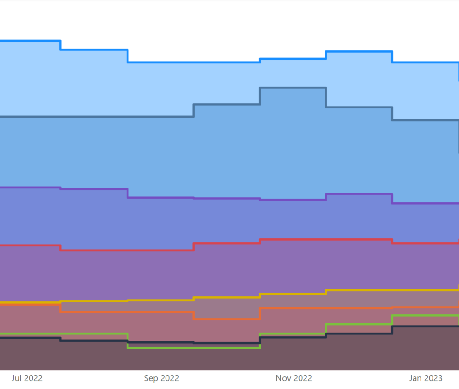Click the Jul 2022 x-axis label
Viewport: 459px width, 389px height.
tap(27, 378)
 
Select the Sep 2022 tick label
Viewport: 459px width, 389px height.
tap(161, 378)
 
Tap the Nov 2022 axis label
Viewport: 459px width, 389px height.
tap(293, 378)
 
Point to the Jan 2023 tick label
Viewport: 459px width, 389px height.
tap(426, 378)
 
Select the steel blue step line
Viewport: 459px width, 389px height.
tap(93, 117)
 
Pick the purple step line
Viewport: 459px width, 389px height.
tap(93, 189)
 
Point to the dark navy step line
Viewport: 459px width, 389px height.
tap(93, 341)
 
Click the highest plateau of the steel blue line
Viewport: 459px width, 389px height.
tap(292, 88)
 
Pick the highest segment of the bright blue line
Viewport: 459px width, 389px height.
tap(30, 41)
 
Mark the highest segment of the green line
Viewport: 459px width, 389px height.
tap(424, 315)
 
